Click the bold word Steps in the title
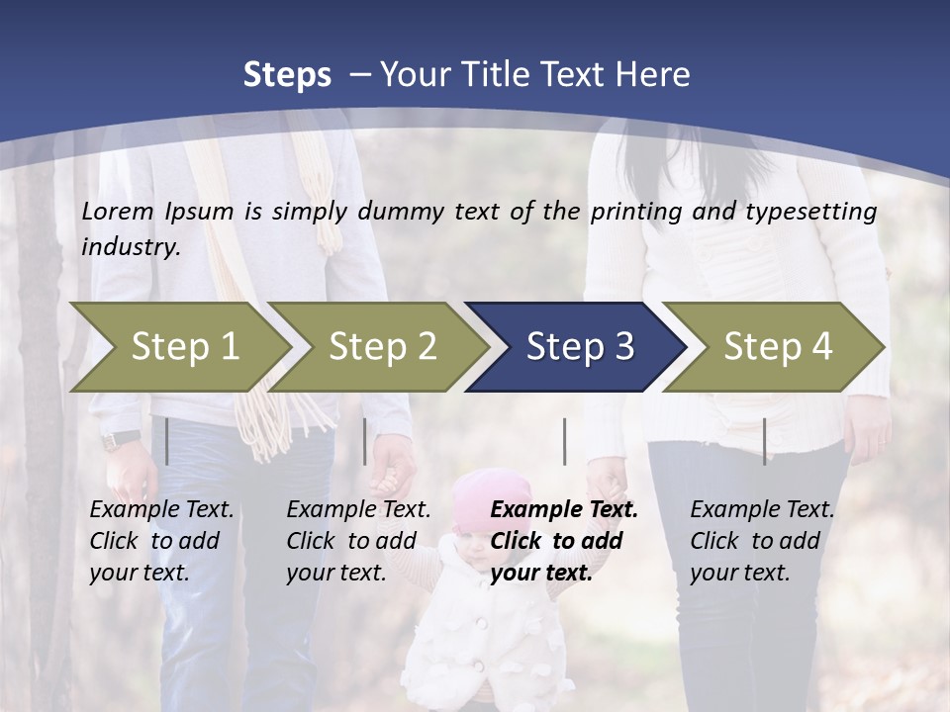coord(287,74)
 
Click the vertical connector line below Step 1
coord(167,441)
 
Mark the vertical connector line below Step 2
coord(365,441)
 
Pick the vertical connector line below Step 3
coord(564,441)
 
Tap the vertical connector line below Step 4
coord(764,441)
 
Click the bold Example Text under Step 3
coord(564,510)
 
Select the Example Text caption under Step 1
coord(161,510)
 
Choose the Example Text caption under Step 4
coord(762,510)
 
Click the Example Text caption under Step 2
coord(358,510)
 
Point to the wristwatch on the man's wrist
coord(122,439)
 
